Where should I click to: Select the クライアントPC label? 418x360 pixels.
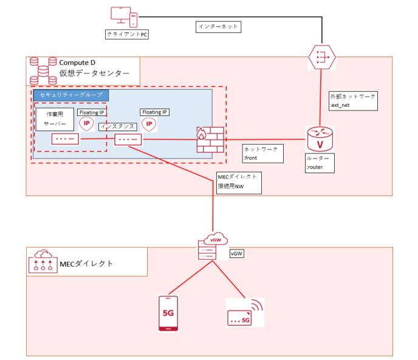click(127, 35)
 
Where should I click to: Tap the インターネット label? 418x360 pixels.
click(218, 27)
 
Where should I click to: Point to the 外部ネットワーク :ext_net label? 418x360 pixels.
click(352, 101)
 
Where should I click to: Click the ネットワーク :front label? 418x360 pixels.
click(262, 153)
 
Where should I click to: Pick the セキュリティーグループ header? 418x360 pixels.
click(71, 95)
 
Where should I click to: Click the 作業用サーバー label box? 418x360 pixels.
click(54, 118)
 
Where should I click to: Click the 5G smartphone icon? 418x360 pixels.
click(169, 314)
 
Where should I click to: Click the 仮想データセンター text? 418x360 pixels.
click(94, 74)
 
